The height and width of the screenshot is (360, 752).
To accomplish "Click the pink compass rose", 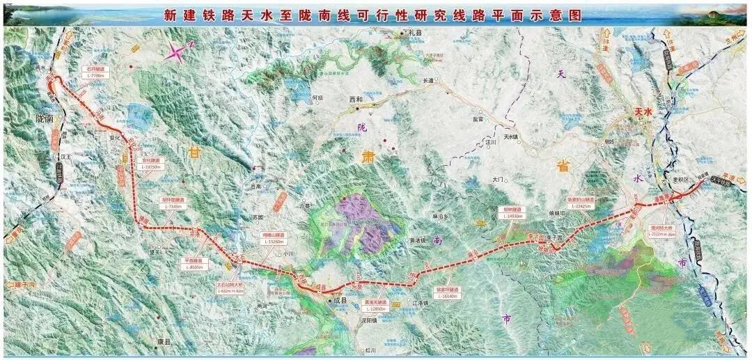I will [x=179, y=52].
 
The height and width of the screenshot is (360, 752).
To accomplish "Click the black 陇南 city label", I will [x=45, y=119].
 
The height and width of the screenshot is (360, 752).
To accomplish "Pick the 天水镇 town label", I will [x=502, y=128].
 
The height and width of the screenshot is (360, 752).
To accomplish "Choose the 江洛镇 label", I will [x=421, y=302].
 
